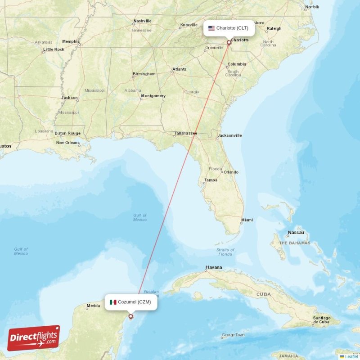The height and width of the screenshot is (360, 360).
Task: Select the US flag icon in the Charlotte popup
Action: point(211,28)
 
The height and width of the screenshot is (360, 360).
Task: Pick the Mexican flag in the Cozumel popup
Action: point(113,302)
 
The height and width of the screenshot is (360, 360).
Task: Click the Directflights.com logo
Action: point(34,338)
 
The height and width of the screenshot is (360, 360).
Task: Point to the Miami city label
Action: point(247,220)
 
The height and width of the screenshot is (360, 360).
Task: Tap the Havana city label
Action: point(214,267)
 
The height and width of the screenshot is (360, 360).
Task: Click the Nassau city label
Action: point(296,233)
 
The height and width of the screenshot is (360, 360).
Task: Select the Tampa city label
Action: point(211,180)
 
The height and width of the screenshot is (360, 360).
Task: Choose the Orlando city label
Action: point(231,172)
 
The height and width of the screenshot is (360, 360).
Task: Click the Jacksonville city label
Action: point(229,135)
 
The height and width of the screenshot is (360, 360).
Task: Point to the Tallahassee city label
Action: point(186,133)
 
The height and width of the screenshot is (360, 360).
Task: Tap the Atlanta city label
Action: point(179,69)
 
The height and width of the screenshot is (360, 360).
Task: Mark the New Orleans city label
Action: point(67,143)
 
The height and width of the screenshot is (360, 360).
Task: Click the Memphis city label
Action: point(71,41)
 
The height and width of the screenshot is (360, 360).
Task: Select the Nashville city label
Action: point(142,21)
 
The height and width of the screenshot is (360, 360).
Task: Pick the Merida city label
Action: point(93,306)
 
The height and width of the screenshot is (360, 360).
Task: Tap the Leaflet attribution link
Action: point(352,356)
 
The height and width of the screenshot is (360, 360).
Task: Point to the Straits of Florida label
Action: point(225,252)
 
